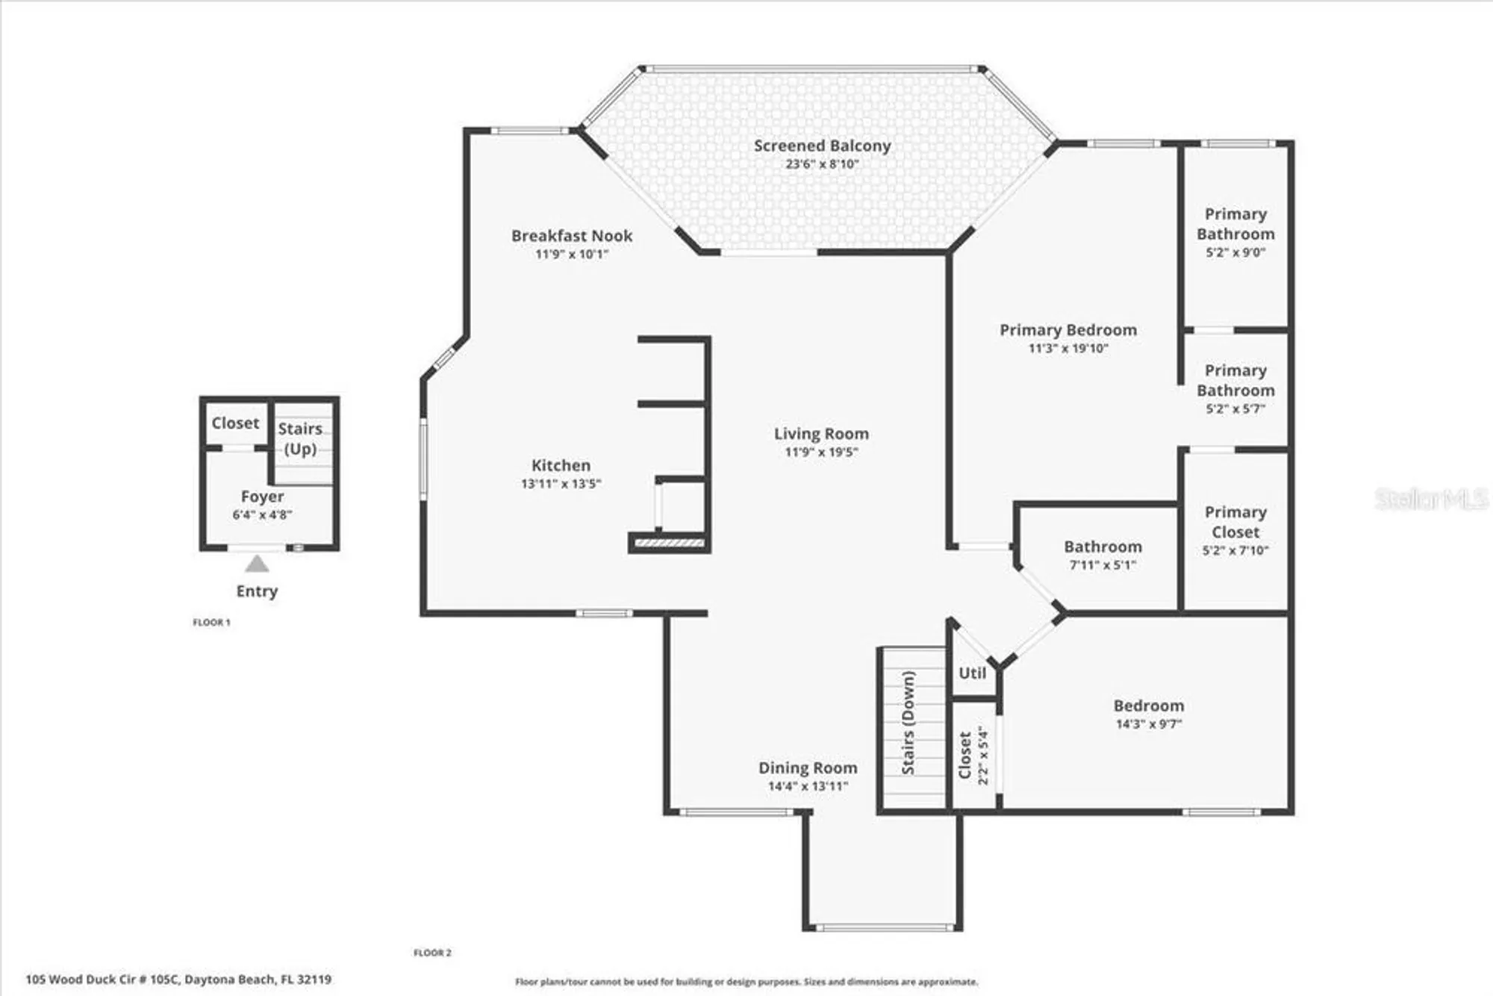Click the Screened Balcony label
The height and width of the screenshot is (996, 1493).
(x=822, y=146)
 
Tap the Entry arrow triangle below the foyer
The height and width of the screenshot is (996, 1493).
(x=257, y=564)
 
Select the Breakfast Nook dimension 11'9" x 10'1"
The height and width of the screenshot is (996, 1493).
(x=572, y=255)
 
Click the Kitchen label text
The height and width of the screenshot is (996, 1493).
(x=561, y=465)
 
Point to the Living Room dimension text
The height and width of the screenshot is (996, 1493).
(x=821, y=452)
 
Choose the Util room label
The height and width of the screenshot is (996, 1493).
(x=972, y=673)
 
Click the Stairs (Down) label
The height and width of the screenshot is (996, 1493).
(x=908, y=722)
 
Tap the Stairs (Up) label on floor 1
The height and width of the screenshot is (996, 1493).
(x=300, y=438)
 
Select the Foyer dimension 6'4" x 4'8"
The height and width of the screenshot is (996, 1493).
(x=262, y=514)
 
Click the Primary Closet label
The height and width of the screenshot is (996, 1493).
(x=1235, y=522)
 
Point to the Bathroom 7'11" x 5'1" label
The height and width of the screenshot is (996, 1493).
(x=1103, y=555)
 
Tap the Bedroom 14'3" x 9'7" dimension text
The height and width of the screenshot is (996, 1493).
(x=1149, y=724)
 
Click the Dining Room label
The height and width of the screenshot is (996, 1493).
(x=808, y=768)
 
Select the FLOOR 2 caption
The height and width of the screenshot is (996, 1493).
(x=432, y=953)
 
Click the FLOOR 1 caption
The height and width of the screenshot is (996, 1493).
(x=211, y=623)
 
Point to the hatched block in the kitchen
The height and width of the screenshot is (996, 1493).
(x=669, y=543)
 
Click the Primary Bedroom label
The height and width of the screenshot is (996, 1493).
(x=1068, y=330)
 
